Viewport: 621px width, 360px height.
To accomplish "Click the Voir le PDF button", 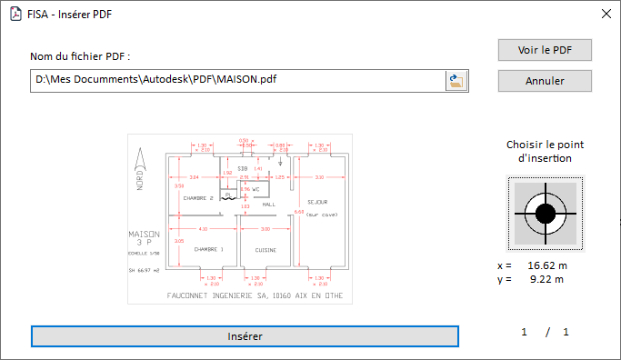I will pyautogui.click(x=545, y=50).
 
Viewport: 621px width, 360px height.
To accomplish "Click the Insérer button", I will pyautogui.click(x=245, y=336).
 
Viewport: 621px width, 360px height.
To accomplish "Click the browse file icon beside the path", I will pyautogui.click(x=456, y=81).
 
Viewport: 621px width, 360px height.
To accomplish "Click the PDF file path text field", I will pyautogui.click(x=236, y=81).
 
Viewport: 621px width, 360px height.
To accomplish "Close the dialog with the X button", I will pyautogui.click(x=606, y=15).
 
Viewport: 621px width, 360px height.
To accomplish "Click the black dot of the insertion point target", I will pyautogui.click(x=545, y=214).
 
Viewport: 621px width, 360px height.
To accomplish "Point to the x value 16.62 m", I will pyautogui.click(x=547, y=265).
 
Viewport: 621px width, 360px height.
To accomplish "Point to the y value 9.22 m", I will pyautogui.click(x=547, y=279).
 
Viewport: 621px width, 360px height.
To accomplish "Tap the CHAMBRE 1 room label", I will pyautogui.click(x=208, y=249).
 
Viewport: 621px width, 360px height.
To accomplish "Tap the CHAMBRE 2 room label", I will pyautogui.click(x=197, y=197).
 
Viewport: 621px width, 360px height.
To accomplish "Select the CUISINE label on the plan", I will pyautogui.click(x=265, y=249).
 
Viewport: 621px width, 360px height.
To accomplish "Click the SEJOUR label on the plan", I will pyautogui.click(x=317, y=202).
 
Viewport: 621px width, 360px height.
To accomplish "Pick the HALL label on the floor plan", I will pyautogui.click(x=268, y=205).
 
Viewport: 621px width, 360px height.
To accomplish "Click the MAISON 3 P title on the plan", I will pyautogui.click(x=144, y=239).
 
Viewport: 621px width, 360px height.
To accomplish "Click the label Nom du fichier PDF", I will pyautogui.click(x=80, y=56).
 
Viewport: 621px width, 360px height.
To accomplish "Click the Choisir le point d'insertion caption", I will pyautogui.click(x=545, y=151).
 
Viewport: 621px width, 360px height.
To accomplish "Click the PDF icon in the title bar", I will pyautogui.click(x=15, y=15).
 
